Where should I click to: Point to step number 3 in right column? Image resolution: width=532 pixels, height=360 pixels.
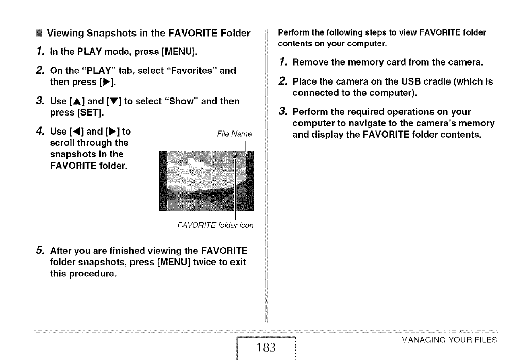pos(281,111)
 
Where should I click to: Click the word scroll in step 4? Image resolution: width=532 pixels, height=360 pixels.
pos(62,143)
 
